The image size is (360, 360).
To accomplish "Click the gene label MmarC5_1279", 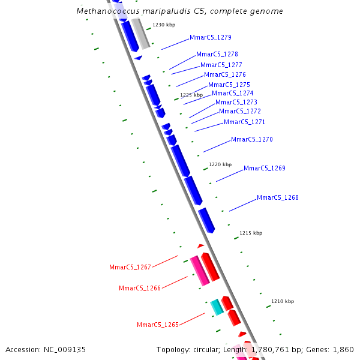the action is point(206,37).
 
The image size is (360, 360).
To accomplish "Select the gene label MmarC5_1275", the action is point(229,85).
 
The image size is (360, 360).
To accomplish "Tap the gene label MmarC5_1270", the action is point(251,139).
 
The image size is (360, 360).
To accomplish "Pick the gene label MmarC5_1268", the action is point(277,197).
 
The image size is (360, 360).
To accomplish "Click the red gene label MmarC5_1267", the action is point(130,267).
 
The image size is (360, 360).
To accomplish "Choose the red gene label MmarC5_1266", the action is point(139,288).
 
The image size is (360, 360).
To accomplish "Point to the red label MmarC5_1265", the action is point(157,325).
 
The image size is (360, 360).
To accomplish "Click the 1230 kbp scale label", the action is point(164,25).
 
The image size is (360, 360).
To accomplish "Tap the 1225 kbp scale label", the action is point(191,95).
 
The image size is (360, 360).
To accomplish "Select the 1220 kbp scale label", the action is point(220,164).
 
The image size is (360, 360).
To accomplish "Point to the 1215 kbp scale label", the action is point(251,233).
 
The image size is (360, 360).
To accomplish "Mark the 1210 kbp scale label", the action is point(283,301).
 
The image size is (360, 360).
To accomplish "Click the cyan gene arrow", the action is point(217,307).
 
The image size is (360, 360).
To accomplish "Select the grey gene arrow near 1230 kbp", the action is point(141,34).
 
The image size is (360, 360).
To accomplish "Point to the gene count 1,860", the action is point(343,349).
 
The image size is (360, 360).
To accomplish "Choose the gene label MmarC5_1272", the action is point(239,111).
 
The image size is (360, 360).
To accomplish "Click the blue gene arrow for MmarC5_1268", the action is point(206,220).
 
